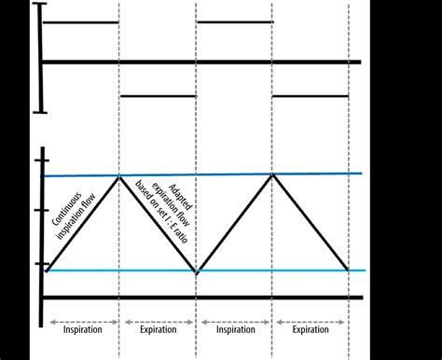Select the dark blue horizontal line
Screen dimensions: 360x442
pyautogui.click(x=233, y=174)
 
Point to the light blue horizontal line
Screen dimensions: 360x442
pyautogui.click(x=233, y=270)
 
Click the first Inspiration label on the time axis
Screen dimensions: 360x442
pyautogui.click(x=82, y=329)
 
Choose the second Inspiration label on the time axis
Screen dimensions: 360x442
pyautogui.click(x=234, y=329)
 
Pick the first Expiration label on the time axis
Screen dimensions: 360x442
pyautogui.click(x=158, y=329)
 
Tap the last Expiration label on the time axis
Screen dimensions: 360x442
pyautogui.click(x=311, y=329)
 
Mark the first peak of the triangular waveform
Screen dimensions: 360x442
pyautogui.click(x=119, y=175)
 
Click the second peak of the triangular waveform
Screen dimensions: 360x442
pyautogui.click(x=272, y=174)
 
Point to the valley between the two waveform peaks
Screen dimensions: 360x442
pyautogui.click(x=196, y=271)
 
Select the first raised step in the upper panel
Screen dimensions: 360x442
pyautogui.click(x=82, y=21)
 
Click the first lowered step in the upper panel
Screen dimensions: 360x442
pyautogui.click(x=158, y=95)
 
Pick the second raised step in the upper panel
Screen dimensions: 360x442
pyautogui.click(x=234, y=21)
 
